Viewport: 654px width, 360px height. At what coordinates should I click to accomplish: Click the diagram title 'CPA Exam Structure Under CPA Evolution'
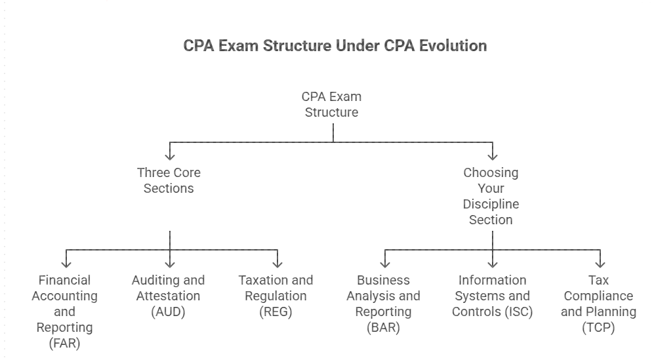point(335,46)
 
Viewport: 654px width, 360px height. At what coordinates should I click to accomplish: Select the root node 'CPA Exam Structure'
point(331,104)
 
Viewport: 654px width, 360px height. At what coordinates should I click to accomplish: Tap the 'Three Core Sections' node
point(169,180)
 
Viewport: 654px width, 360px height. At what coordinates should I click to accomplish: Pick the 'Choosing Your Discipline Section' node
point(491,196)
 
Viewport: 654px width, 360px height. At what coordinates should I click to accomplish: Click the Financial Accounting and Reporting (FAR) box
point(64,311)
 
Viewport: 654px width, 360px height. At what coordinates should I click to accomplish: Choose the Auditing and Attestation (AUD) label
point(168,296)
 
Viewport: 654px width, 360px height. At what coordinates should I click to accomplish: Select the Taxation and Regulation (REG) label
point(276,296)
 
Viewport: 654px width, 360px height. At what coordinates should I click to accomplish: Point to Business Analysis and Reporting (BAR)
point(383,304)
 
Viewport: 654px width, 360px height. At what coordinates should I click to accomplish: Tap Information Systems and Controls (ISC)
point(492,296)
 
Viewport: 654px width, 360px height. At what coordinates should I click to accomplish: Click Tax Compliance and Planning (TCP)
point(598,304)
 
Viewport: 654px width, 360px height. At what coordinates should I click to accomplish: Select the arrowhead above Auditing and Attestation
point(170,264)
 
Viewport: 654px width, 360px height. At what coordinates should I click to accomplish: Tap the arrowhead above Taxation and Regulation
point(277,264)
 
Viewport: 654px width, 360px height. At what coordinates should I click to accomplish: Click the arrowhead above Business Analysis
point(384,264)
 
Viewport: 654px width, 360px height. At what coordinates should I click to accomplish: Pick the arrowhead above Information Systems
point(492,264)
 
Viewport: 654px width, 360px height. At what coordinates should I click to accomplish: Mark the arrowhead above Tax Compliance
point(600,264)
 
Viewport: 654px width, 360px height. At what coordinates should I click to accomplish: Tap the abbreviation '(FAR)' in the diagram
point(64,343)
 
